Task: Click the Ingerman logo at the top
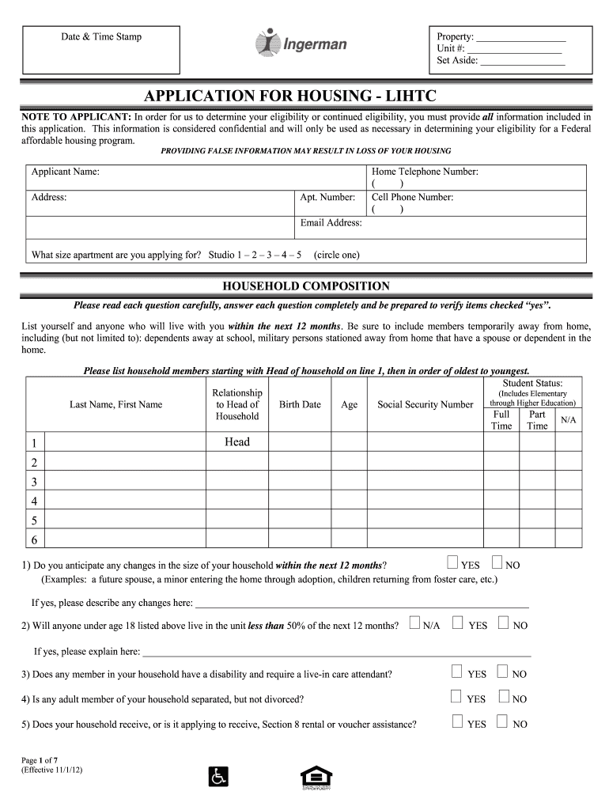[x=301, y=44]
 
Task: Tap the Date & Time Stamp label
[x=101, y=37]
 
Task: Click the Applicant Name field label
[x=65, y=172]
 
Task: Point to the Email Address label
[x=331, y=223]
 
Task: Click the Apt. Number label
[x=327, y=198]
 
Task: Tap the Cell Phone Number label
[x=412, y=198]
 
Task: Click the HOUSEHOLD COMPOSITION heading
[x=305, y=286]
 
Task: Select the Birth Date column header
[x=300, y=404]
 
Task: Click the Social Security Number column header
[x=425, y=404]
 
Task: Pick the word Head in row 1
[x=237, y=442]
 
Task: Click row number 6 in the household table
[x=34, y=540]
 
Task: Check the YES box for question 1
[x=452, y=563]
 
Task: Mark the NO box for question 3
[x=502, y=672]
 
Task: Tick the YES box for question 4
[x=456, y=697]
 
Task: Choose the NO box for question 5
[x=502, y=721]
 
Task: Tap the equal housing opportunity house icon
[x=316, y=776]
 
